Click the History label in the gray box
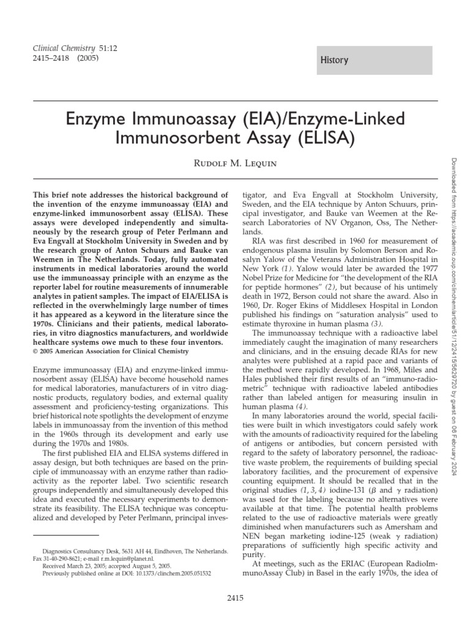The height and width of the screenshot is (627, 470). point(334,60)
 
